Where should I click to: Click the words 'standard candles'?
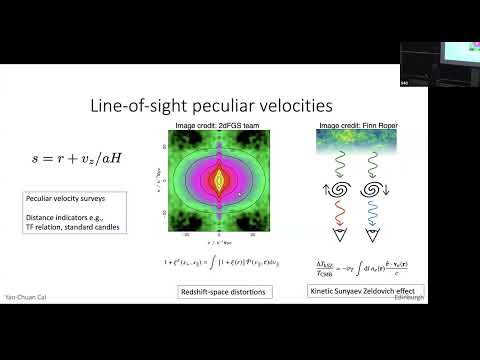pyautogui.click(x=97, y=227)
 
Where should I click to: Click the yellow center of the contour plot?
pyautogui.click(x=211, y=181)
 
